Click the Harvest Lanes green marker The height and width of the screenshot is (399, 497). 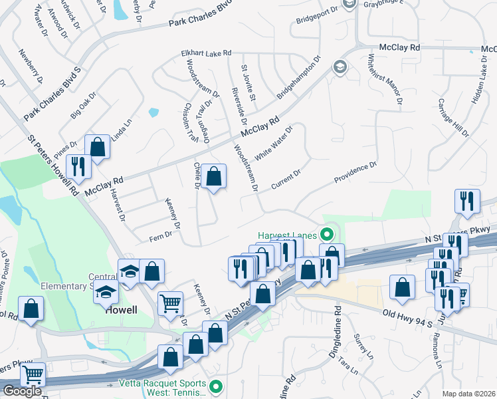pos(326,235)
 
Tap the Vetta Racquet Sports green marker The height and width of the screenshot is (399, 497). pos(215,386)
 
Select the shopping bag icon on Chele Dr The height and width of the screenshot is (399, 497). pos(214,178)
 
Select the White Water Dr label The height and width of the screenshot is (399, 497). pos(274,142)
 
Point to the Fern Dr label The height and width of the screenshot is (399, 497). pos(160,235)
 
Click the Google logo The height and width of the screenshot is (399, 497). pos(22,391)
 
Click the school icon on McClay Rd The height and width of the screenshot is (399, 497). pos(340,67)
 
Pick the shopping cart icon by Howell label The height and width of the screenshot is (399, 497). pos(170,303)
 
